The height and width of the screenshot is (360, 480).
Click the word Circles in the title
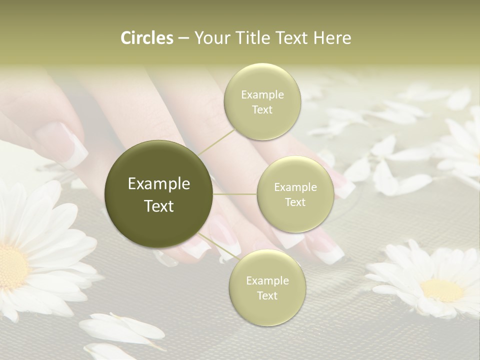pyautogui.click(x=146, y=38)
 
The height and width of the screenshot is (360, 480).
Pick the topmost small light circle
pyautogui.click(x=262, y=101)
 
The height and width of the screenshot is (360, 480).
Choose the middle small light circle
pyautogui.click(x=295, y=194)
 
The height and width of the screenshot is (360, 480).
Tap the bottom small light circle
pyautogui.click(x=267, y=287)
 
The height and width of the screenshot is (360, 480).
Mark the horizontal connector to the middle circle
pyautogui.click(x=235, y=194)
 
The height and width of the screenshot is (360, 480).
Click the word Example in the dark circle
pyautogui.click(x=159, y=184)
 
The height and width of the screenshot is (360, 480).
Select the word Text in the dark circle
pyautogui.click(x=159, y=206)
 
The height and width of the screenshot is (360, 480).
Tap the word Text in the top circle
pyautogui.click(x=262, y=109)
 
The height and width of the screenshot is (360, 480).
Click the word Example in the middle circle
pyautogui.click(x=295, y=187)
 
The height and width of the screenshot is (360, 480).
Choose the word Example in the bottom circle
pyautogui.click(x=267, y=280)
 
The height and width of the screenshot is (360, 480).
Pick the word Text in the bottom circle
pyautogui.click(x=267, y=295)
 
